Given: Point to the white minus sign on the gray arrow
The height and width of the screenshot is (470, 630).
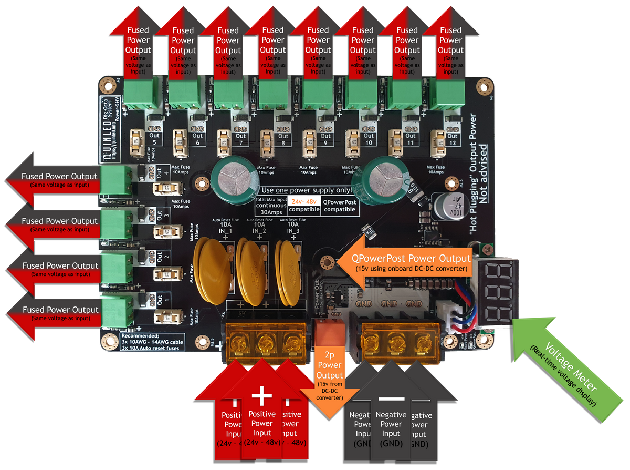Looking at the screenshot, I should pyautogui.click(x=391, y=397).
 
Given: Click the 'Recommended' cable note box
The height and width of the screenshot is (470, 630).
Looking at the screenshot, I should pyautogui.click(x=152, y=341).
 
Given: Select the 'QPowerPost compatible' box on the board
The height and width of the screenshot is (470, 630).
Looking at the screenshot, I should pyautogui.click(x=339, y=205).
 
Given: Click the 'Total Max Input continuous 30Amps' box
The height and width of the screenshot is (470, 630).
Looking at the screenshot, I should pyautogui.click(x=271, y=205).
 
